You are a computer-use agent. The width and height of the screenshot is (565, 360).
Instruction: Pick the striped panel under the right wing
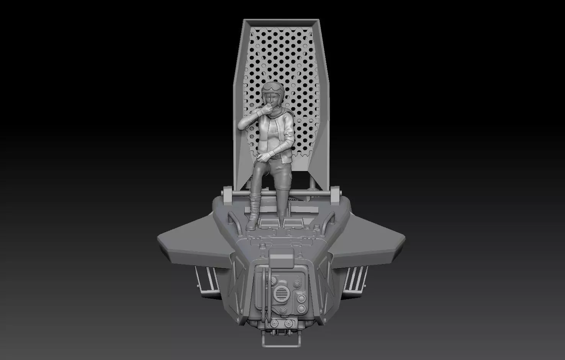pyautogui.click(x=356, y=279)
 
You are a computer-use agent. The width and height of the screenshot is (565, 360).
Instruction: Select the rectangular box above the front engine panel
pyautogui.click(x=281, y=258)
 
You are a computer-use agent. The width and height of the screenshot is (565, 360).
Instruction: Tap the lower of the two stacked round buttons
pyautogui.click(x=302, y=308)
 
